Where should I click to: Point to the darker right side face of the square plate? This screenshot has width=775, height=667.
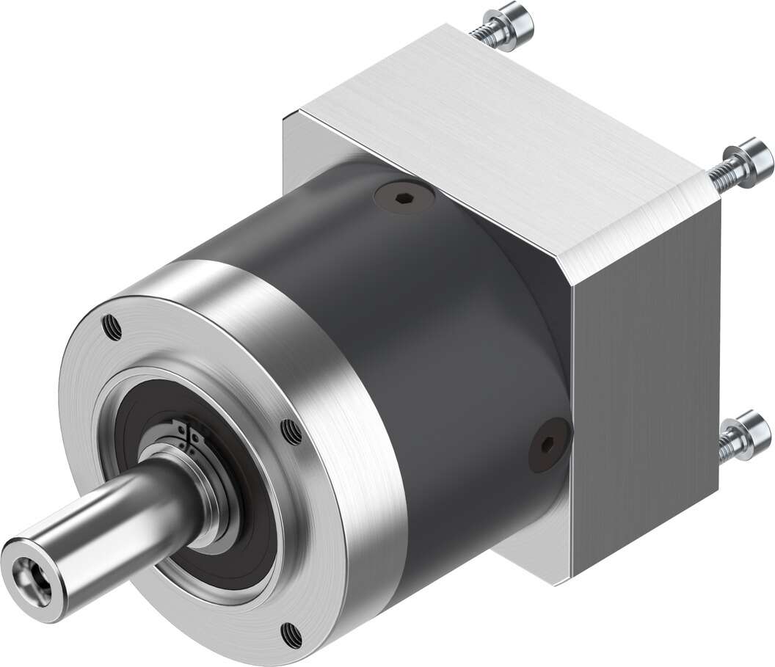646,367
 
